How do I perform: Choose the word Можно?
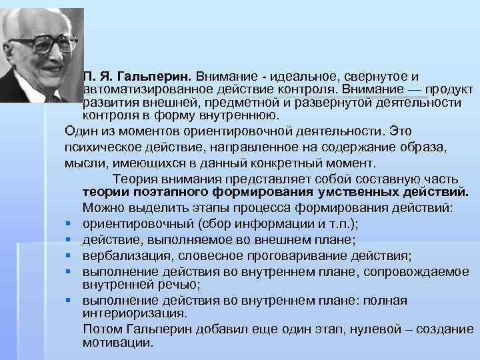(102, 207)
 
